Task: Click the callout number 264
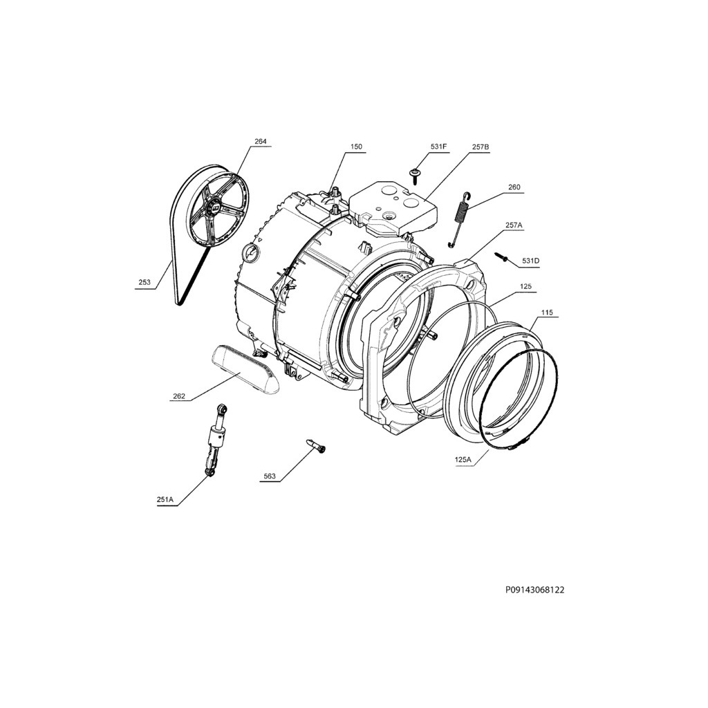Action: coord(261,141)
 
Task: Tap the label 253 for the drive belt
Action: coord(145,282)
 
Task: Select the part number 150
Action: coord(356,147)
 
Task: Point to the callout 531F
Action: coord(438,147)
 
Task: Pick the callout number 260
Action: coord(514,187)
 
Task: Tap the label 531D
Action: coord(530,261)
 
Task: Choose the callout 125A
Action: coord(463,460)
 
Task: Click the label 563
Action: coord(270,476)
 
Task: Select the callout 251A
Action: coord(165,499)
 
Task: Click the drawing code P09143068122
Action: coord(534,590)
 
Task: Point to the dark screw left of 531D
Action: coord(502,257)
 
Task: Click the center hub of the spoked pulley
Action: coord(212,207)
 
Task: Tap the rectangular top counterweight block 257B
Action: coord(393,205)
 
